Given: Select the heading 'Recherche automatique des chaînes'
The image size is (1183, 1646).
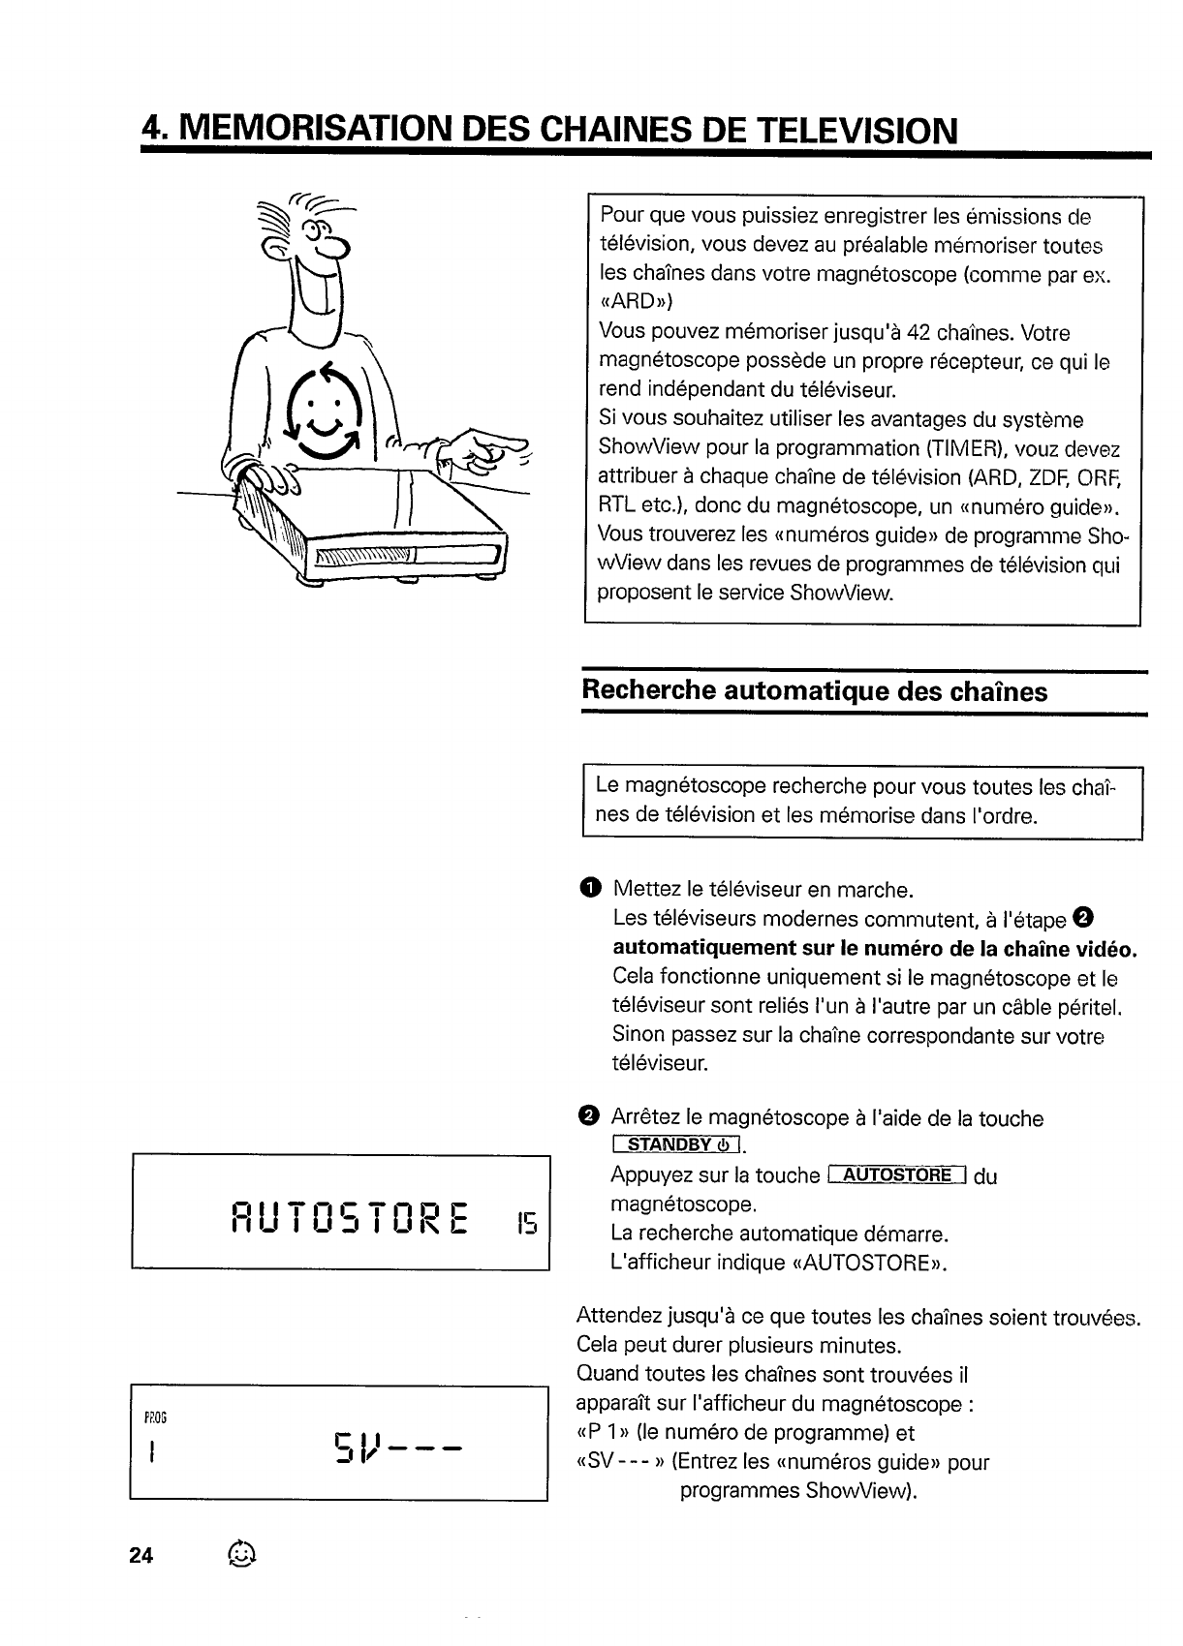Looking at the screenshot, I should pos(814,691).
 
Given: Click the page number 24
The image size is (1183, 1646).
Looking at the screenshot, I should pos(141,1556).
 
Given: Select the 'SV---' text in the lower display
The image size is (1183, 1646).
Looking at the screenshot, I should pos(399,1448).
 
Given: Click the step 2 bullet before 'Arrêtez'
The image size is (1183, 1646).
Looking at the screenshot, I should pos(588,1117).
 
